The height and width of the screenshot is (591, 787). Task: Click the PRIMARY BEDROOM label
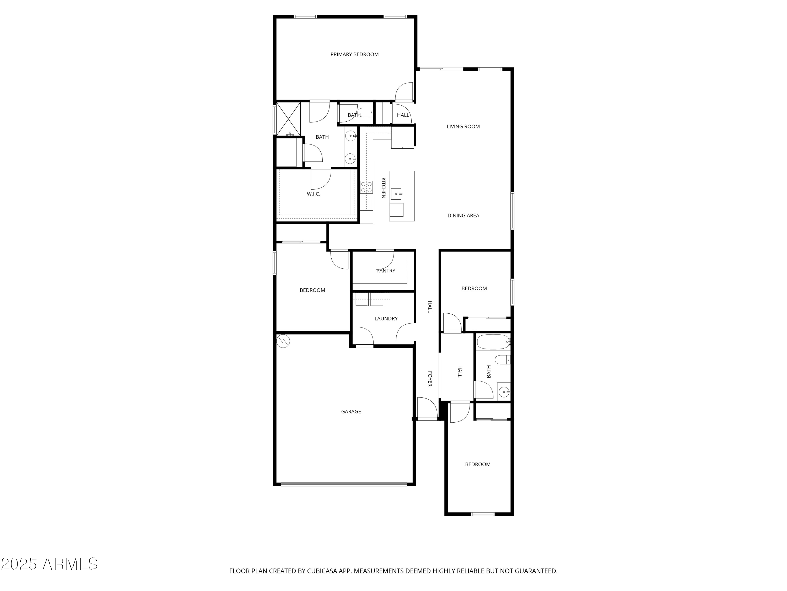(354, 55)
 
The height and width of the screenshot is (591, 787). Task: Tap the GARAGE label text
(351, 411)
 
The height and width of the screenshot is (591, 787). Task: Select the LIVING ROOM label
(463, 126)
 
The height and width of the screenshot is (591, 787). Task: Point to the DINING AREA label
(463, 216)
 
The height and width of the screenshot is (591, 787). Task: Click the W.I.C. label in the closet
(313, 194)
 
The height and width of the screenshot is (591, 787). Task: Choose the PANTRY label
(386, 271)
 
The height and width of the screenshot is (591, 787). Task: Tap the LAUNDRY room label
(386, 318)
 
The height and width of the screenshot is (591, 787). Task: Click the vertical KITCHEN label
(384, 188)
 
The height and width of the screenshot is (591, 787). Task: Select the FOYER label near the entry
(430, 379)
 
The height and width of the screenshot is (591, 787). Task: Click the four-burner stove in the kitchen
(366, 187)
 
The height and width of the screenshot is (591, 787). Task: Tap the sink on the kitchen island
(396, 194)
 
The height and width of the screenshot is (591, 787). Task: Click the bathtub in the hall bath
(492, 342)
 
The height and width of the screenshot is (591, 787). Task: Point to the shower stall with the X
(289, 119)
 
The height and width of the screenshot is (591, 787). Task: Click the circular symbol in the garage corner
(283, 341)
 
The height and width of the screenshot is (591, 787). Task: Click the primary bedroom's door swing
(404, 92)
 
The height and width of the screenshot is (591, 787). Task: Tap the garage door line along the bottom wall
(344, 484)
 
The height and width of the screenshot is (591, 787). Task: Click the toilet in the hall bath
(502, 360)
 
